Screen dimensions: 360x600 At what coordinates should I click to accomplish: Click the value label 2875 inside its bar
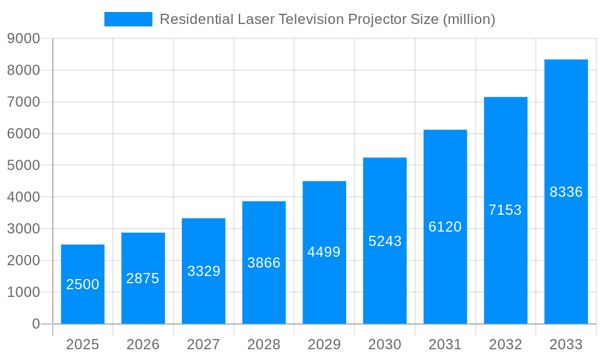click(x=143, y=278)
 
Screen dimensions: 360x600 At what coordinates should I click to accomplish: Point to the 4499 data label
click(x=324, y=252)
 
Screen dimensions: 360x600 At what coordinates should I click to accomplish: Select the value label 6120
click(x=445, y=227)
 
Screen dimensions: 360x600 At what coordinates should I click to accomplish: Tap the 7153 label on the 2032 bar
click(x=505, y=210)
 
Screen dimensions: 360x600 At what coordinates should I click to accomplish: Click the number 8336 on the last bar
click(x=566, y=192)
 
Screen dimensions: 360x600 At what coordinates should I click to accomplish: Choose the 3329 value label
click(x=203, y=271)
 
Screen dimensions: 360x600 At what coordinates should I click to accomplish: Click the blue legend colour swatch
click(x=128, y=19)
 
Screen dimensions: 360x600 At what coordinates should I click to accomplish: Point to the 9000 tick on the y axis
click(x=23, y=39)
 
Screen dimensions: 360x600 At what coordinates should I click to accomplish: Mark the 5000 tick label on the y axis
click(x=23, y=166)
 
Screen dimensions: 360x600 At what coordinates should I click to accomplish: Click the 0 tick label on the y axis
click(x=35, y=324)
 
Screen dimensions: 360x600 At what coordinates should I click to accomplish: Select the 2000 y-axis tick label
click(x=23, y=260)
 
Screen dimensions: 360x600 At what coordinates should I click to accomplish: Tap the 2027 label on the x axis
click(x=203, y=344)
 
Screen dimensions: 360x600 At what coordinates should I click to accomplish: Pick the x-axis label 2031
click(x=445, y=344)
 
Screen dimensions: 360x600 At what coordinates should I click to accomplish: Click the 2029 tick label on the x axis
click(x=324, y=344)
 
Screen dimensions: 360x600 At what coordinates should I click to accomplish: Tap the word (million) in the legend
click(x=469, y=19)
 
